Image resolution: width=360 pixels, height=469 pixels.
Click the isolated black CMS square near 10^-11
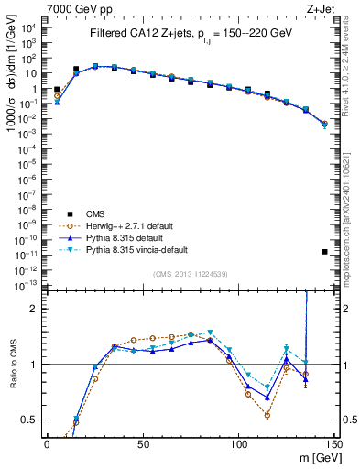pos(325,251)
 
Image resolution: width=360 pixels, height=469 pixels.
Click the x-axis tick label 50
pos(142,444)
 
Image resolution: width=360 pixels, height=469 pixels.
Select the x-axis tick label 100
pos(238,444)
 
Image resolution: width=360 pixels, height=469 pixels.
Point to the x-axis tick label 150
pos(333,444)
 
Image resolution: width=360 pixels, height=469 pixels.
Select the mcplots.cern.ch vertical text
pos(352,229)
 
